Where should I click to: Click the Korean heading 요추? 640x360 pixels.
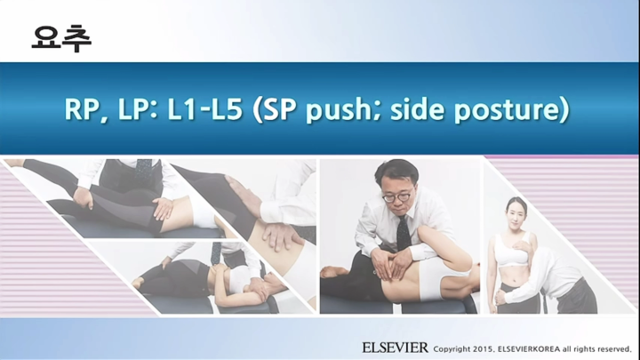pyautogui.click(x=61, y=36)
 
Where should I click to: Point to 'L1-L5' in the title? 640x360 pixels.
pyautogui.click(x=204, y=109)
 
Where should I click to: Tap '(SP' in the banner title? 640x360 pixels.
pyautogui.click(x=275, y=109)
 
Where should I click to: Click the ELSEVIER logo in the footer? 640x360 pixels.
pyautogui.click(x=395, y=347)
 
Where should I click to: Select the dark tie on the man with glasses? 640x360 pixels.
pyautogui.click(x=403, y=232)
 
